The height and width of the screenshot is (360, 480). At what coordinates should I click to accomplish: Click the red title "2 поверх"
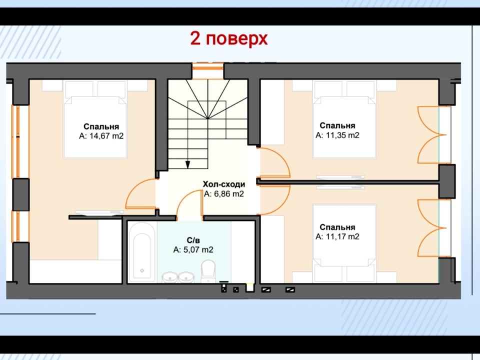pyautogui.click(x=229, y=39)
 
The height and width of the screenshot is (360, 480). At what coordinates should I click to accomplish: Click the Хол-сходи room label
pyautogui.click(x=224, y=184)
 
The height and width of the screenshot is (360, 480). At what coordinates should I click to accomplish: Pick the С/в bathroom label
pyautogui.click(x=193, y=240)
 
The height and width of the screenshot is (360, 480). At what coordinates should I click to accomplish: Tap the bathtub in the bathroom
pyautogui.click(x=141, y=252)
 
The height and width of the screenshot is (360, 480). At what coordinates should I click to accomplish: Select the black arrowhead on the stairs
pyautogui.click(x=187, y=164)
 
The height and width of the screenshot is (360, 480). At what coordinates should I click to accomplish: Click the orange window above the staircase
pyautogui.click(x=208, y=67)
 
